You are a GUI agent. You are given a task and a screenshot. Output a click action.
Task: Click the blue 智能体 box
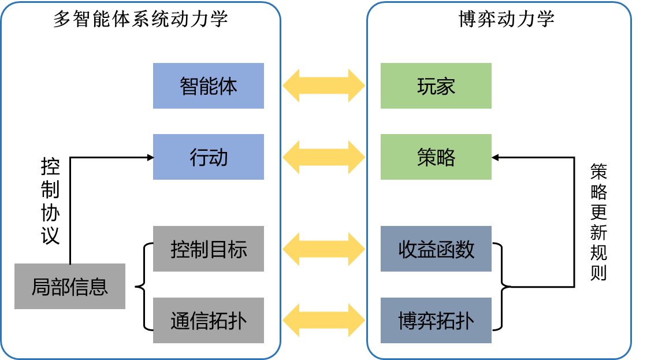click(x=208, y=86)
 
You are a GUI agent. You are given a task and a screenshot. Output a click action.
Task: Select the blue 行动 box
click(x=208, y=157)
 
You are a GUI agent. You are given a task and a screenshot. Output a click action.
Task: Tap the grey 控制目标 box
click(x=208, y=248)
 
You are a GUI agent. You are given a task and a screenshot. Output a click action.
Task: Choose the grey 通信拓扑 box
click(x=208, y=320)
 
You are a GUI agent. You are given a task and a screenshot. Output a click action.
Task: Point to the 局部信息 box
click(x=69, y=286)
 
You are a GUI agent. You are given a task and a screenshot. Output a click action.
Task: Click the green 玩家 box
click(x=436, y=86)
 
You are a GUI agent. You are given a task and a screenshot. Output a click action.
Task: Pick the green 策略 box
click(x=436, y=157)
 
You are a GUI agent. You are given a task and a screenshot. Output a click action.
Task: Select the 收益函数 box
click(x=436, y=248)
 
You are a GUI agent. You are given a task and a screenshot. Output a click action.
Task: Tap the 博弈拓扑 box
click(x=436, y=320)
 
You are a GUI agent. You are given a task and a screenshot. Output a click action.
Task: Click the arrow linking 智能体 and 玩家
click(x=323, y=86)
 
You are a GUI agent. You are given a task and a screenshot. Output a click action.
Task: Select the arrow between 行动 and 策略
click(x=323, y=157)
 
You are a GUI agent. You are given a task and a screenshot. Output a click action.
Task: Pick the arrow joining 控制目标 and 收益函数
click(x=323, y=248)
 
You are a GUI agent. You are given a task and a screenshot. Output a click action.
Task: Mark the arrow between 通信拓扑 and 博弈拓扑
click(x=323, y=320)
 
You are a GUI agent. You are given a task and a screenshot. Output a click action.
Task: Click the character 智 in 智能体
click(x=189, y=86)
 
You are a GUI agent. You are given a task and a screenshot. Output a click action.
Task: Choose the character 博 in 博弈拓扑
click(x=408, y=321)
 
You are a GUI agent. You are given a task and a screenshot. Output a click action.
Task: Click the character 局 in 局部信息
click(x=40, y=287)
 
